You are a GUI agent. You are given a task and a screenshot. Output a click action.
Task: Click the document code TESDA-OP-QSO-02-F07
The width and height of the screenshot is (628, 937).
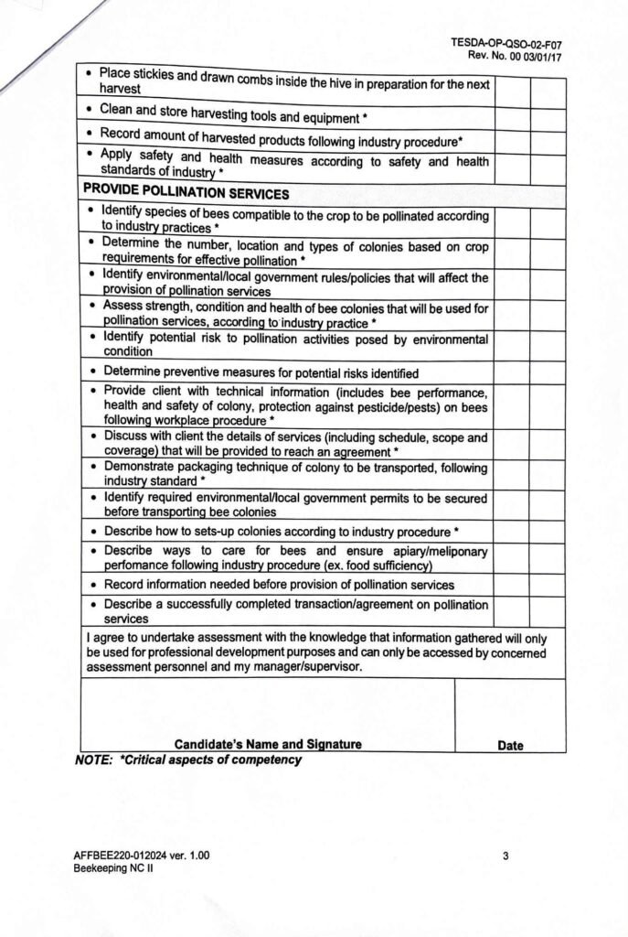[x=507, y=42]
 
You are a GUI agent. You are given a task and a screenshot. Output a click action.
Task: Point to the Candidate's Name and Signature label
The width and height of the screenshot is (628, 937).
[x=268, y=744]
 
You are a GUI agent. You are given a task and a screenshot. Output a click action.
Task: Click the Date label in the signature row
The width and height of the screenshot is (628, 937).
[x=510, y=745]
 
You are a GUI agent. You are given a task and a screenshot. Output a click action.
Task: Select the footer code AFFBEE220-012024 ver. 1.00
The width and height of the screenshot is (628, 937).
[x=142, y=856]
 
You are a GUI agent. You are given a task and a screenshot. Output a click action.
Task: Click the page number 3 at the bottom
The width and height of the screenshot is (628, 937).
[x=506, y=856]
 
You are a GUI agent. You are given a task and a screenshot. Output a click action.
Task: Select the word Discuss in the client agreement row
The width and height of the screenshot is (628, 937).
[x=127, y=436]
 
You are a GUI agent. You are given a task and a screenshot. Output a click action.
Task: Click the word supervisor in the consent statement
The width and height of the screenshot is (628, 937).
[x=330, y=666]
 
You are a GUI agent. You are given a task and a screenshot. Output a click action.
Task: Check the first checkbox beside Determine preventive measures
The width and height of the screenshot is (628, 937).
[x=512, y=372]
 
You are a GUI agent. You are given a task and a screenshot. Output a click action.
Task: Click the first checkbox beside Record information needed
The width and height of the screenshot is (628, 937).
[x=512, y=585]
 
